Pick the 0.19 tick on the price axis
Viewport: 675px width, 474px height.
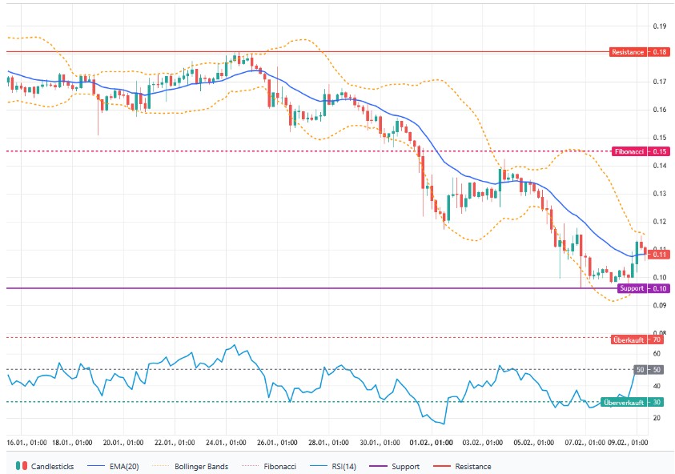pyautogui.click(x=660, y=26)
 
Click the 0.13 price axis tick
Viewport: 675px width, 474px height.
pyautogui.click(x=660, y=194)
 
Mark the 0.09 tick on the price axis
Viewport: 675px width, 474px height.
pyautogui.click(x=660, y=305)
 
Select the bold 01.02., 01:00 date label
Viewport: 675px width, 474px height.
pyautogui.click(x=432, y=441)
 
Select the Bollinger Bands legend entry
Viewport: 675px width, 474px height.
pyautogui.click(x=196, y=466)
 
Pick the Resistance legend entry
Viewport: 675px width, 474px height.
pyautogui.click(x=464, y=466)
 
